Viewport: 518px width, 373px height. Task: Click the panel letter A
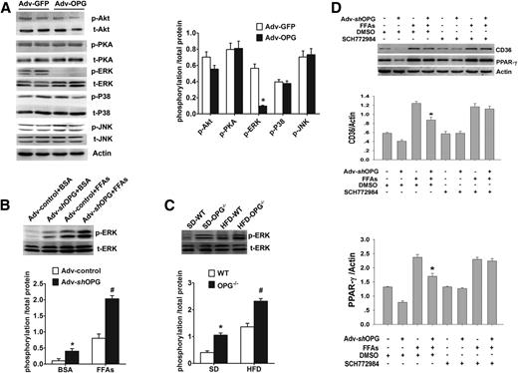(x=7, y=7)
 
